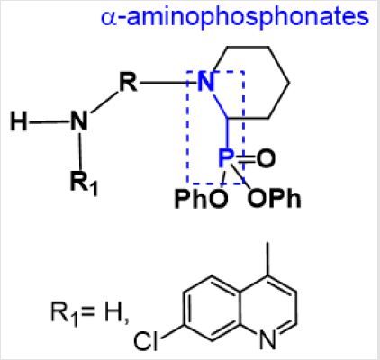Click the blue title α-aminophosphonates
235,17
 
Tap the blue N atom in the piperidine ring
206,82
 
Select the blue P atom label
226,157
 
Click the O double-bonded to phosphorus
266,158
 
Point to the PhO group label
201,199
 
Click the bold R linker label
128,82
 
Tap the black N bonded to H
79,121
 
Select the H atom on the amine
19,121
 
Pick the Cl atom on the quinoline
146,341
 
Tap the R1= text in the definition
73,313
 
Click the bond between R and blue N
169,82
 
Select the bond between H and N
49,122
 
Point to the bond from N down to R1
80,150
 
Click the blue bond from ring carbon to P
228,133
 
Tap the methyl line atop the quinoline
267,258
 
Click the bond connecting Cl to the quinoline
172,331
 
